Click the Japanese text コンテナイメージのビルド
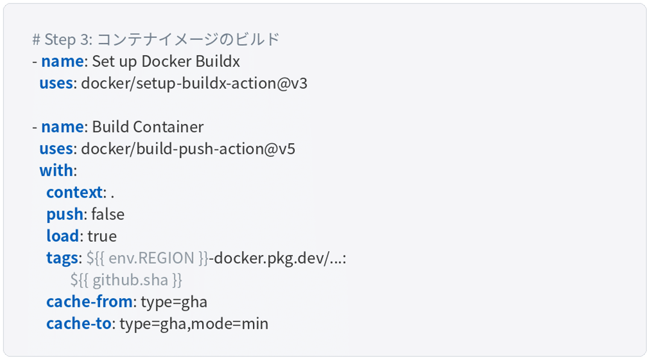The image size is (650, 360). pos(189,39)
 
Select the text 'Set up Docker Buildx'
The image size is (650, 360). pos(166,61)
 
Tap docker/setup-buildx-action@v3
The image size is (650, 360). pos(194,83)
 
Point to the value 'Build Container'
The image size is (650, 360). pos(148,127)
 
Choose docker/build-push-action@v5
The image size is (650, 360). pos(188,149)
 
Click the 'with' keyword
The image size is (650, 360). pos(56,170)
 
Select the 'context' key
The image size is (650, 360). pos(74,192)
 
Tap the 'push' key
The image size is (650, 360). pos(65,214)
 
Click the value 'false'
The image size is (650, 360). pos(107,214)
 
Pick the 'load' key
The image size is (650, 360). pos(63,236)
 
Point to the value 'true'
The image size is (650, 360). pos(102,236)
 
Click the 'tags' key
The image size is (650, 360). pos(62,258)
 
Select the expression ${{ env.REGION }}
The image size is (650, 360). pos(148,258)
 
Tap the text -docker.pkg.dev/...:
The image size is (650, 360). pos(278,258)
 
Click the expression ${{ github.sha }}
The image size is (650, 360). pos(126,280)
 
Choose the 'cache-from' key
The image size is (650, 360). pos(89,301)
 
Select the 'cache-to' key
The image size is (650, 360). pos(79,323)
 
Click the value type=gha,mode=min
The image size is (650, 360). pos(194,323)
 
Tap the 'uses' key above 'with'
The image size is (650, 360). pos(56,149)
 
